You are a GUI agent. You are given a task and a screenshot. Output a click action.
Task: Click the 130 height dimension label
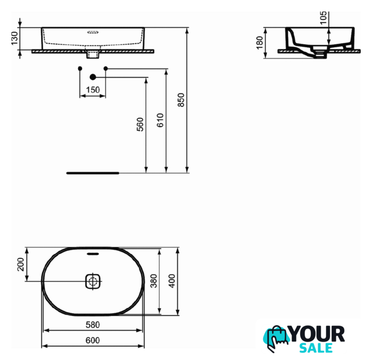[15, 38]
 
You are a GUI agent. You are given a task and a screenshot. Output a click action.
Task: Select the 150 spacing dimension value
[93, 90]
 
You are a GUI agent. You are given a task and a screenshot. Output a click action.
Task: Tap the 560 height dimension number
[140, 124]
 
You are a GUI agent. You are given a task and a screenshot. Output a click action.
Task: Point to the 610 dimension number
[160, 120]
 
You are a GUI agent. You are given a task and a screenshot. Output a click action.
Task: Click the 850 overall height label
[181, 100]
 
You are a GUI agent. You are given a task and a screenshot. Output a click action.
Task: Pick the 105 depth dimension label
[324, 18]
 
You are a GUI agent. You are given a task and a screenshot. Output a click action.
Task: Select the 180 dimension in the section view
[259, 43]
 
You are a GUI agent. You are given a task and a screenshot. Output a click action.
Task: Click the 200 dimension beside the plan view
[21, 264]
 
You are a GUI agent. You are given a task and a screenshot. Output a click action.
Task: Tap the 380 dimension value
[154, 281]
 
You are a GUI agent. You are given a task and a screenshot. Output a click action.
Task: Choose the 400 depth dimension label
[172, 281]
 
